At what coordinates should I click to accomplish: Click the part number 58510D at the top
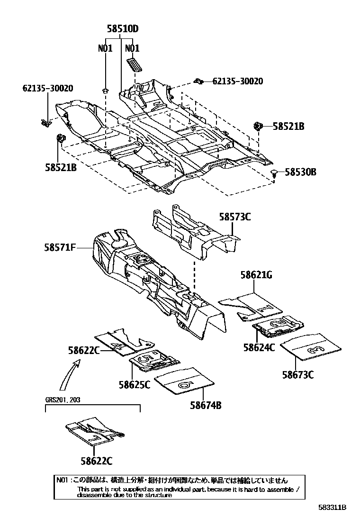point(122,29)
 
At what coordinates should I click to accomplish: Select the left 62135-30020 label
point(47,88)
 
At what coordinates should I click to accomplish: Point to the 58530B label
point(300,172)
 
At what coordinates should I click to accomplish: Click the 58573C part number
point(234,217)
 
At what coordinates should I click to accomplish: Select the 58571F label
point(61,247)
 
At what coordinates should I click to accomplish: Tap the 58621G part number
point(256,275)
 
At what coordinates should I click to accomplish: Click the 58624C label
point(259,347)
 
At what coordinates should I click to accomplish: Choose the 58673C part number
point(298,374)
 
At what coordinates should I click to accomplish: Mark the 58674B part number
point(206,406)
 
